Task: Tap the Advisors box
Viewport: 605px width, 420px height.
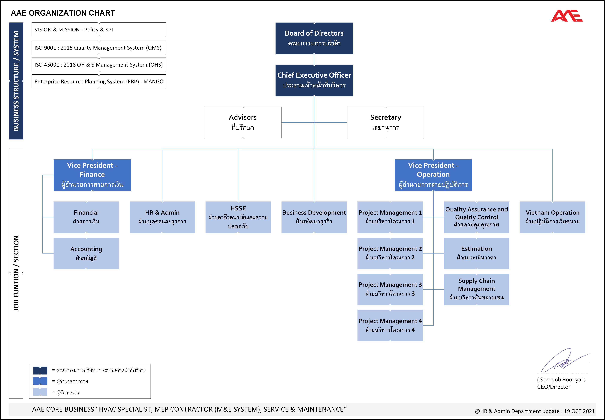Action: click(243, 122)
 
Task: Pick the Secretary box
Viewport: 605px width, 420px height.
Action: click(385, 122)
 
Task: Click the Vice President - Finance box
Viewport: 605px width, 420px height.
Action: click(92, 175)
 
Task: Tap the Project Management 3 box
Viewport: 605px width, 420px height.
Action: click(390, 289)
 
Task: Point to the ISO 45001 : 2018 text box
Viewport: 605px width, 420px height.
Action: click(99, 65)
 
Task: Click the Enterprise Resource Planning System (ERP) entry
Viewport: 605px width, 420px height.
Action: click(99, 82)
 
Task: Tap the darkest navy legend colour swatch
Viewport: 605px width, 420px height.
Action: click(40, 370)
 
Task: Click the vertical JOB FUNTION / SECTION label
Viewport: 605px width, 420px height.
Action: click(16, 273)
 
